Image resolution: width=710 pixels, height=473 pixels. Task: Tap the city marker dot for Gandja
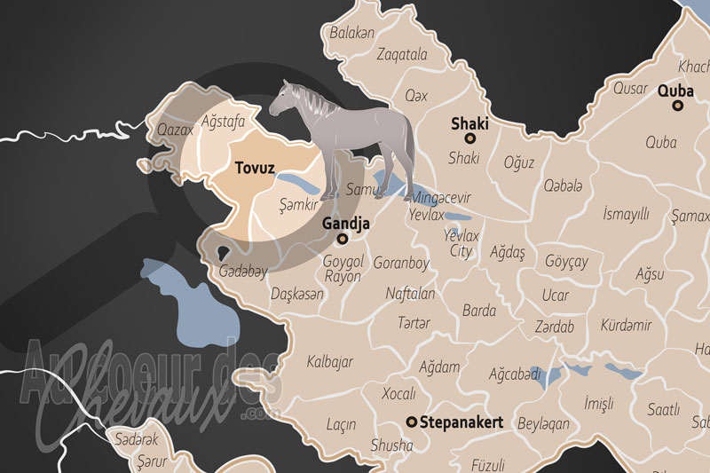[342, 239]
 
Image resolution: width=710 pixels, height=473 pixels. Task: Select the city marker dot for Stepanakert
[411, 422]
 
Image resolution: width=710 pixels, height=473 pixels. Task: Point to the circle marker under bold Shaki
[470, 138]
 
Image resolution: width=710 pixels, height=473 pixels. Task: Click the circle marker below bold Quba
[678, 105]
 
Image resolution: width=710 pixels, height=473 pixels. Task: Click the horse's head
[283, 97]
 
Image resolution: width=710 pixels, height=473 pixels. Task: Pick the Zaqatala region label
[401, 54]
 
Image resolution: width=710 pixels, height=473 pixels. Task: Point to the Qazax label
[175, 130]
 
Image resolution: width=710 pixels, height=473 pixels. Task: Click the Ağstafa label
[224, 120]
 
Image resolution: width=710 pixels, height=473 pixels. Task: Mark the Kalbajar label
[330, 361]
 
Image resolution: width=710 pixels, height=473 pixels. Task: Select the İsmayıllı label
[627, 214]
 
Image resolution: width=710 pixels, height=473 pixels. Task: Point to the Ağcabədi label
[515, 374]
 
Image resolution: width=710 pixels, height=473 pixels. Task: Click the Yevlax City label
[461, 244]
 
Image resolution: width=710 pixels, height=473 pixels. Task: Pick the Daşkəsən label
[297, 294]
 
